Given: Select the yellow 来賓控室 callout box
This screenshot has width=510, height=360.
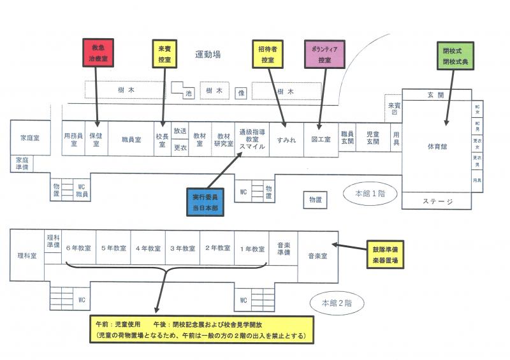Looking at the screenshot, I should [165, 54].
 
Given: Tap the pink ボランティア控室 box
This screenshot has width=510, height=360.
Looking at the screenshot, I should [325, 54].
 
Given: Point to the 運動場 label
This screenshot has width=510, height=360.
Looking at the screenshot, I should [208, 55].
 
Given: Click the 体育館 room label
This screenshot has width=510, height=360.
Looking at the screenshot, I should [437, 147].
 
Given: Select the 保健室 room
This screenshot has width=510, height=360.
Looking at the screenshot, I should [96, 140].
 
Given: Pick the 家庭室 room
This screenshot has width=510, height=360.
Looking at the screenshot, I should [30, 138].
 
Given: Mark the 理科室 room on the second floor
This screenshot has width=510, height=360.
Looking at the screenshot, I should [27, 256].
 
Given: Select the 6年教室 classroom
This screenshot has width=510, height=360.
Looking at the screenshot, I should [79, 248].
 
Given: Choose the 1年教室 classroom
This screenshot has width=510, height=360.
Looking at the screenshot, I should [250, 248].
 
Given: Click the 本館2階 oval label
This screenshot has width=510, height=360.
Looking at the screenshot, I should [336, 302].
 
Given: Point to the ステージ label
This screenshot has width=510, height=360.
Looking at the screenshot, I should [438, 201].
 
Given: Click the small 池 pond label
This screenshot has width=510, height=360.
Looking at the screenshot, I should [189, 94].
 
